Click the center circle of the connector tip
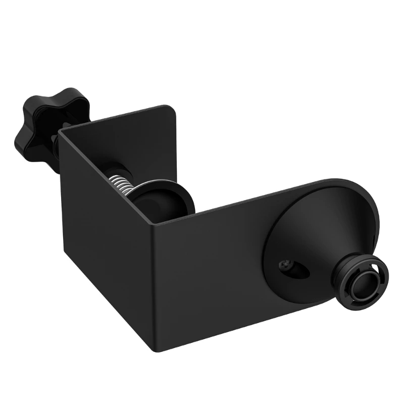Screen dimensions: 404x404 (x=364, y=282)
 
